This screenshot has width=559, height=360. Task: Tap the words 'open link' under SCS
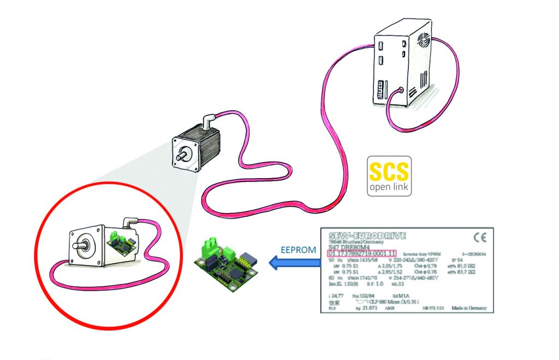tap(388, 187)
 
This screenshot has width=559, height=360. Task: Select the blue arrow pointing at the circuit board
tap(294, 265)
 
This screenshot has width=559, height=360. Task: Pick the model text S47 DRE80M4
tap(347, 247)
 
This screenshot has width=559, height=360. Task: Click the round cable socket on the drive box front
tap(402, 91)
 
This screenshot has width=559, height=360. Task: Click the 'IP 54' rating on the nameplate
tap(454, 261)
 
